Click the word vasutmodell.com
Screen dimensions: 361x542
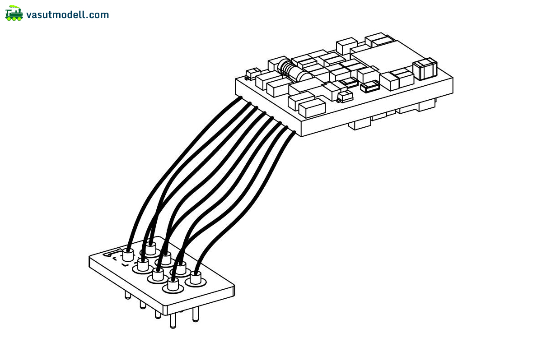pos(68,15)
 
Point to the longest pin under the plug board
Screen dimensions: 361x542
pos(173,321)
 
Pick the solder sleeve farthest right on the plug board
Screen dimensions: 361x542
pos(195,277)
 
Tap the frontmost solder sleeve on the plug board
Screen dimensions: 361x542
pos(173,284)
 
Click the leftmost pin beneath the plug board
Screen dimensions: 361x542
pos(128,296)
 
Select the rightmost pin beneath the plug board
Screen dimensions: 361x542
pos(195,315)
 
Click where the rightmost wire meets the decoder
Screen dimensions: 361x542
pos(294,132)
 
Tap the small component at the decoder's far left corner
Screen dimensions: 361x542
pos(253,73)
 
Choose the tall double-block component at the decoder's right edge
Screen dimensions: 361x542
pos(425,69)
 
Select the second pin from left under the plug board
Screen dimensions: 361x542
pos(143,305)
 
